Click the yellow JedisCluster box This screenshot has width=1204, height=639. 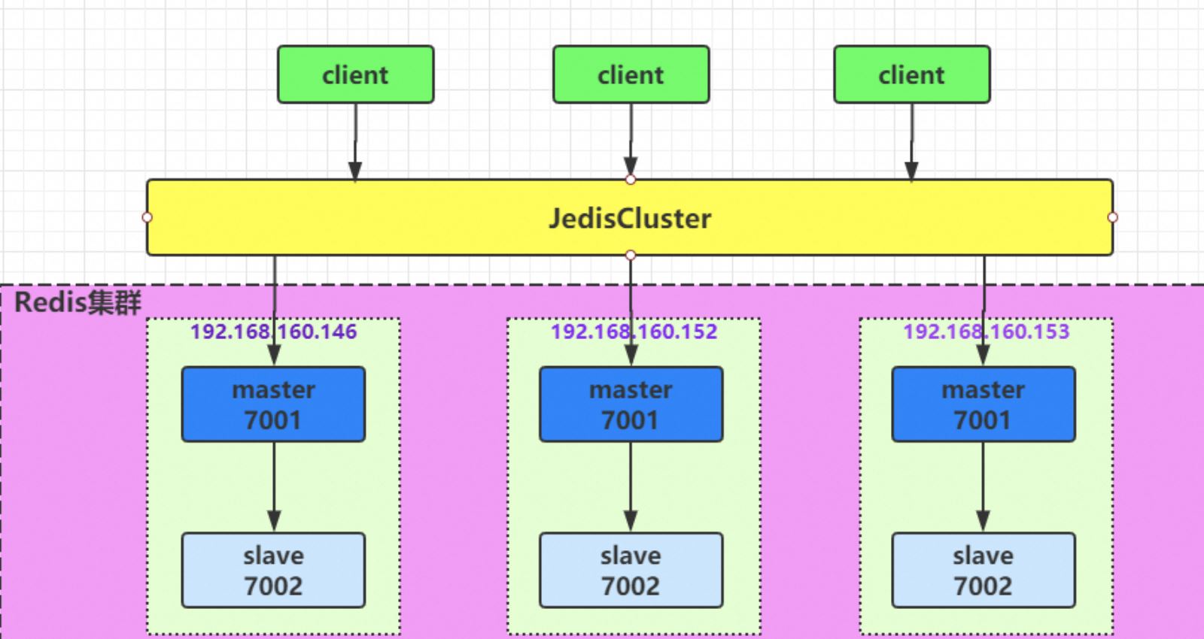click(629, 217)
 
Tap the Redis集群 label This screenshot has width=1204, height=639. click(78, 302)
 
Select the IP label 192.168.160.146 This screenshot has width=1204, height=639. click(274, 332)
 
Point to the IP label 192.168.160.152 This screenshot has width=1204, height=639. click(634, 332)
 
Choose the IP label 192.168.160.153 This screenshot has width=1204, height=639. click(987, 332)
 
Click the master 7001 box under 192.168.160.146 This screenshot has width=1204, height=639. click(274, 404)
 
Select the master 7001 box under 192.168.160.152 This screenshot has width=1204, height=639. click(631, 404)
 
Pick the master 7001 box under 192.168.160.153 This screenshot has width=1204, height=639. click(984, 404)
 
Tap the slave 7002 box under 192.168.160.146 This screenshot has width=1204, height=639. click(274, 571)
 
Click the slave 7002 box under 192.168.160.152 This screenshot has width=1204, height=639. click(631, 571)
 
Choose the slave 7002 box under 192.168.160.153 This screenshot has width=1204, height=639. click(984, 571)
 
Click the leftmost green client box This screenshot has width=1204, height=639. click(356, 74)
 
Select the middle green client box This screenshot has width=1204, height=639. click(631, 74)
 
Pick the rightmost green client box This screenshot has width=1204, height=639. click(912, 74)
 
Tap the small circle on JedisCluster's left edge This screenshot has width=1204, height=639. click(147, 217)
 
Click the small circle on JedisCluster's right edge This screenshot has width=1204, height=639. click(1113, 217)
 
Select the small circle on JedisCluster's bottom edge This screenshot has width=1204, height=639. click(631, 256)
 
